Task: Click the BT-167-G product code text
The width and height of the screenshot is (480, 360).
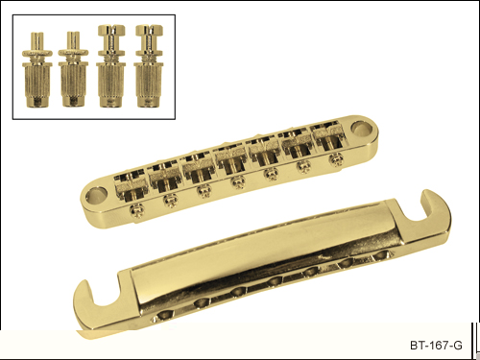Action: point(436,346)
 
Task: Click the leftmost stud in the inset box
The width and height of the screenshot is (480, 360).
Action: point(37,69)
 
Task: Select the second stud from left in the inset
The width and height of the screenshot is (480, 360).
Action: point(73,69)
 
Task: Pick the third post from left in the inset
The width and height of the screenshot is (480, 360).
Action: point(111,66)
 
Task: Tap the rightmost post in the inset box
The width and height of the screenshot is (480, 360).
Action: point(149,66)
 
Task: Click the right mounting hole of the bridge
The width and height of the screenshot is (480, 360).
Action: point(361,128)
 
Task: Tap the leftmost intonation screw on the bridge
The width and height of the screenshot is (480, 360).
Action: point(136,210)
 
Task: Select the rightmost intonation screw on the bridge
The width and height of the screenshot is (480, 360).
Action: point(336,159)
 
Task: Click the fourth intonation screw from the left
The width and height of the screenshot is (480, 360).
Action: point(237,182)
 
